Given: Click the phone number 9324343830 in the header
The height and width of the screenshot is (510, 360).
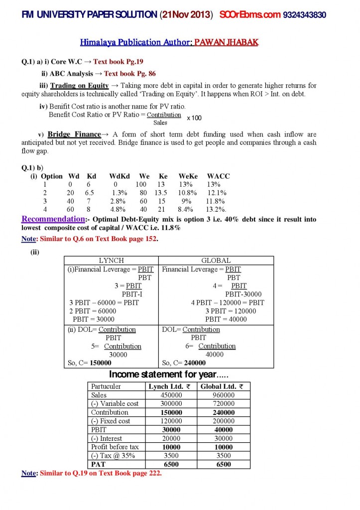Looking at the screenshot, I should (x=304, y=15).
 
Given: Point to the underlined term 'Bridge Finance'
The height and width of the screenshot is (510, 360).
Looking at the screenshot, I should (x=74, y=134).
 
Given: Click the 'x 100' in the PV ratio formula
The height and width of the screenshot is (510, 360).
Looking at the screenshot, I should (x=194, y=118).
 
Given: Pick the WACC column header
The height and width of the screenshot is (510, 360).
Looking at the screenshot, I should (x=218, y=176).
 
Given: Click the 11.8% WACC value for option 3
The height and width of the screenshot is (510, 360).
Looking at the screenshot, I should (x=217, y=201).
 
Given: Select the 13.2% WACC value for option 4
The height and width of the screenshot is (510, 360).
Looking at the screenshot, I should (x=216, y=210).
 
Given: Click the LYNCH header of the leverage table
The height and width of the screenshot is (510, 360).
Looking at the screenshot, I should (x=112, y=260).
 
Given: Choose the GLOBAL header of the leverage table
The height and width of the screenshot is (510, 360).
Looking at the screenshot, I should (x=216, y=260).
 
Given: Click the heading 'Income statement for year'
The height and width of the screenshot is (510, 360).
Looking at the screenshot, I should (x=162, y=374).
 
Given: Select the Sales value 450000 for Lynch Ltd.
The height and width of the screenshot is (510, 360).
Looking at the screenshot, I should (x=170, y=395).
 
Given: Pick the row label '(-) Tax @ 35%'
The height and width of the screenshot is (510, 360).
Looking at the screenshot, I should (x=113, y=456).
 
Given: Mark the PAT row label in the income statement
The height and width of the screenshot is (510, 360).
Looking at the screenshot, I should (x=98, y=464).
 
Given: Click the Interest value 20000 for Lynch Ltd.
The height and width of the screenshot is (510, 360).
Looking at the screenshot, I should (x=170, y=438).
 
